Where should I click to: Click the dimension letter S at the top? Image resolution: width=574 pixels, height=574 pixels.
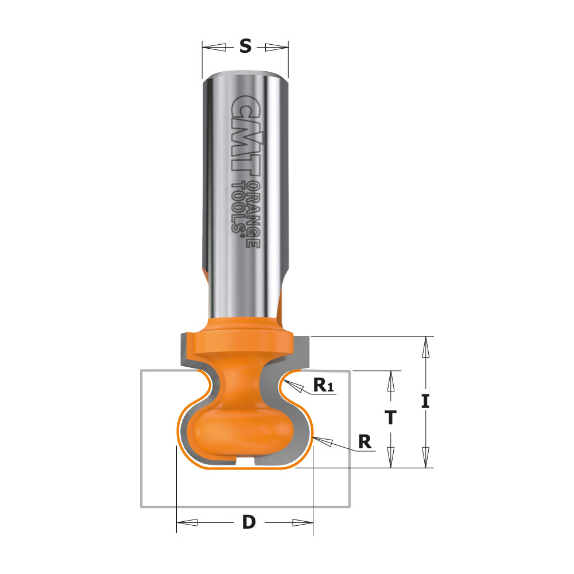[245, 46]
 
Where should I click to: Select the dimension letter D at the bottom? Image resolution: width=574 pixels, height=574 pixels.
[248, 522]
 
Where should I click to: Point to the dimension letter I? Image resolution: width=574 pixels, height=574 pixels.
[425, 401]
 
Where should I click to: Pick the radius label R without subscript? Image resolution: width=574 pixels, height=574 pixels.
[364, 441]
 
